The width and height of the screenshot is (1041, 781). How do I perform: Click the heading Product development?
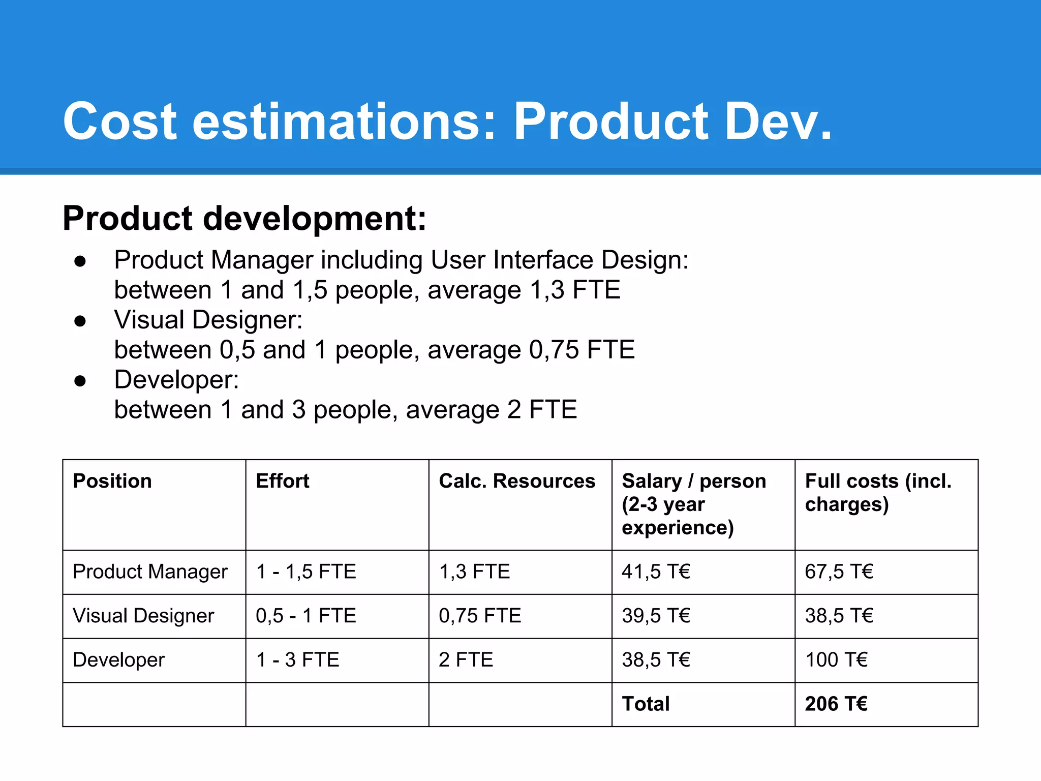[244, 219]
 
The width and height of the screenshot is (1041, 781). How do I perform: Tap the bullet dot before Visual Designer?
[80, 321]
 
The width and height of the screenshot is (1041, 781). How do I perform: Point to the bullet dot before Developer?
[80, 381]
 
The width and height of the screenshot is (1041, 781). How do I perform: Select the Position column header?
[112, 481]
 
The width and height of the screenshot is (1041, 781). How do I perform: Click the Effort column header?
[283, 481]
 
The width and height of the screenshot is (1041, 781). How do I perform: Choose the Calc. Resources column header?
[516, 481]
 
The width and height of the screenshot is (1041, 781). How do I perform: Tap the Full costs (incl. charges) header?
[877, 492]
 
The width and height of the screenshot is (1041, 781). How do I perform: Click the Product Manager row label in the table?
[150, 572]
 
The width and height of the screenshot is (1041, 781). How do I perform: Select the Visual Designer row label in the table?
[143, 616]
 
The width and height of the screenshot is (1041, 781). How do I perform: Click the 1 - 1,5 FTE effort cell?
[305, 572]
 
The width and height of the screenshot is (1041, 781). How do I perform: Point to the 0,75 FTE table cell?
[480, 616]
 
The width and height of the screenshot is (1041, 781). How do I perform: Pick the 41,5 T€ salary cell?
[656, 572]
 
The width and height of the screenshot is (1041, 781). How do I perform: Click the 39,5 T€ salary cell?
[656, 616]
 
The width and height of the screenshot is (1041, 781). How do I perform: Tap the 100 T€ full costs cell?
[836, 660]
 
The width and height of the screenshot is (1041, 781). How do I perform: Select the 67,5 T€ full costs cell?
[839, 572]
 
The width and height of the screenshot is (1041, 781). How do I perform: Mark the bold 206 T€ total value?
[836, 704]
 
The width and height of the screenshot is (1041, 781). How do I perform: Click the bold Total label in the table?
[646, 704]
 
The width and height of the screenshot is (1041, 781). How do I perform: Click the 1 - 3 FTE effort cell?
[297, 660]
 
